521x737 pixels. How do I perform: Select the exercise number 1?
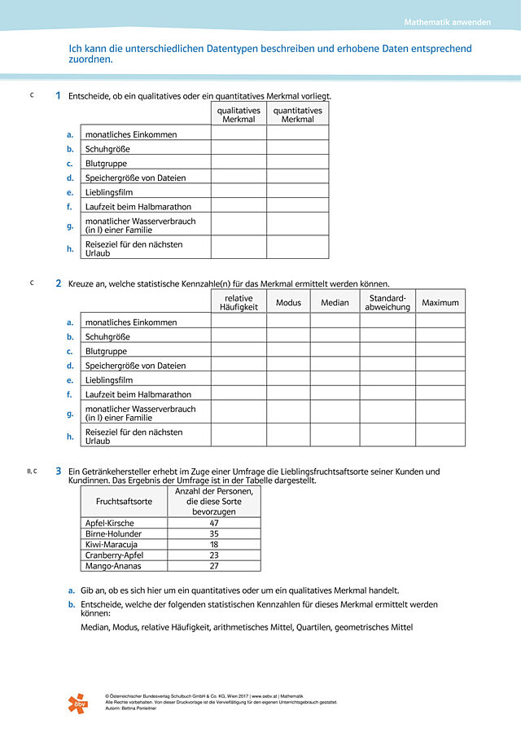coord(58,96)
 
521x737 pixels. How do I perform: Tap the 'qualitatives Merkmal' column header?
coord(239,115)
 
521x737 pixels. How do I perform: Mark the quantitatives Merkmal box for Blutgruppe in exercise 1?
coord(297,163)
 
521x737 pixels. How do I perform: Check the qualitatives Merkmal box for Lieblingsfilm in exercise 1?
coord(239,192)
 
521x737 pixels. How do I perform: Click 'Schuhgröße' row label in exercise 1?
coord(107,149)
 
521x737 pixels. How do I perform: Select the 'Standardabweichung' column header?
coord(387,302)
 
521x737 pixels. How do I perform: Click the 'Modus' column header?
coord(288,303)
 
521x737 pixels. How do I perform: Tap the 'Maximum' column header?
coord(440,303)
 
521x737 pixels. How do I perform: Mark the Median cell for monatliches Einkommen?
coord(335,322)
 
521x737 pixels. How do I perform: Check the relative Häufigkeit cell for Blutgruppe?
coord(239,352)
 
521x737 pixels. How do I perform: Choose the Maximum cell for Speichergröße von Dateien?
coord(440,366)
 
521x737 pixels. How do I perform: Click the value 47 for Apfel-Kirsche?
coord(214,523)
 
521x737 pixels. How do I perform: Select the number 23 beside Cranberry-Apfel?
coord(214,555)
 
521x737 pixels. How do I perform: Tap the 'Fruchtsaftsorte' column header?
coord(124,502)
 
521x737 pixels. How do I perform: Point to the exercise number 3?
coord(58,471)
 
